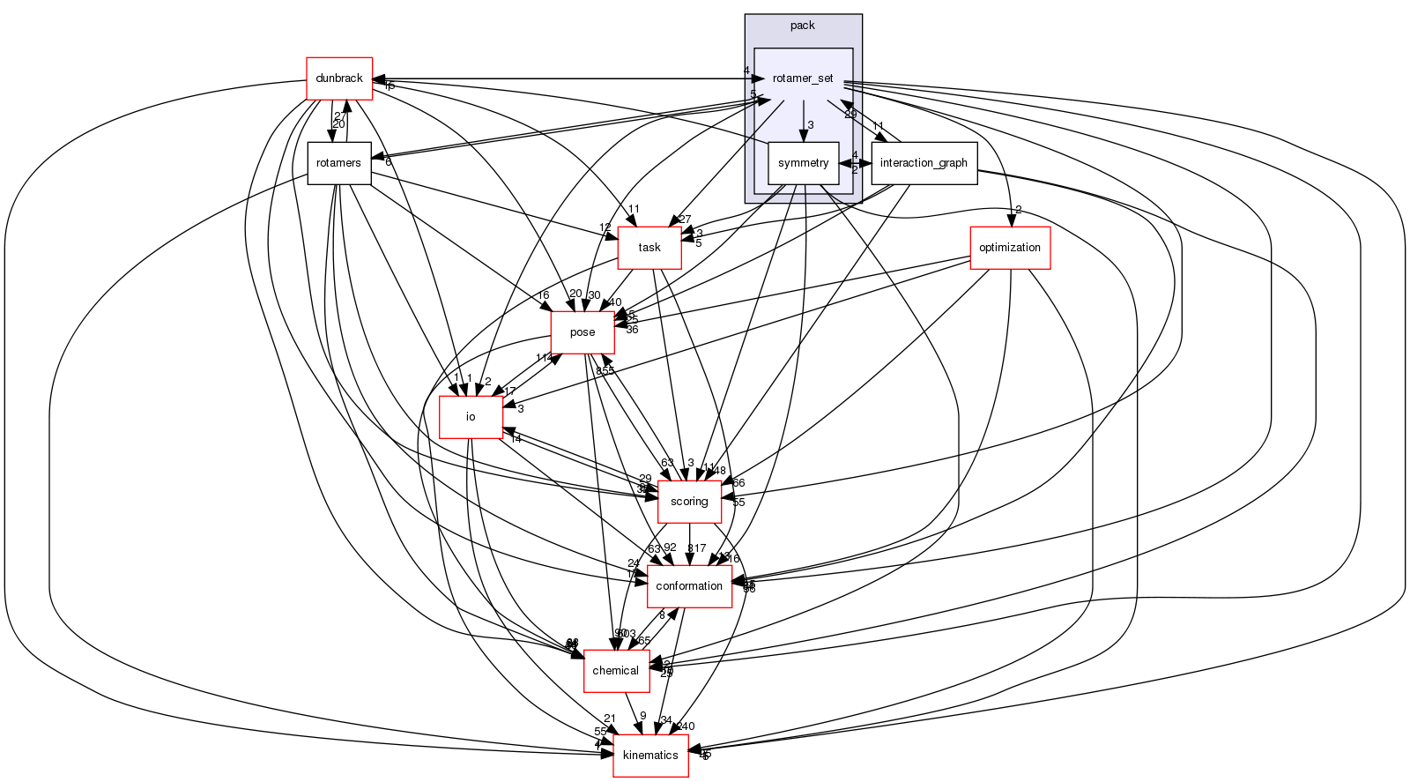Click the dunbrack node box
[339, 78]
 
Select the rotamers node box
[339, 163]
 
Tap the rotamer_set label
[803, 78]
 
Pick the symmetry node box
[804, 163]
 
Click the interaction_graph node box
[924, 163]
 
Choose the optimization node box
[1010, 247]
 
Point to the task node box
[650, 247]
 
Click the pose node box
[583, 332]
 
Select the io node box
[471, 417]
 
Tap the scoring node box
[689, 502]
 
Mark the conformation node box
[689, 586]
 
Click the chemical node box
[615, 671]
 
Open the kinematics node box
[650, 756]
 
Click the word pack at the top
[803, 26]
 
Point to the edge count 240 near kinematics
[686, 726]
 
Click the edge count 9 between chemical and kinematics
[643, 716]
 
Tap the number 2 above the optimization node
[1018, 210]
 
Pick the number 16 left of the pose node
[544, 295]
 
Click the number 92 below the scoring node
[670, 547]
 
